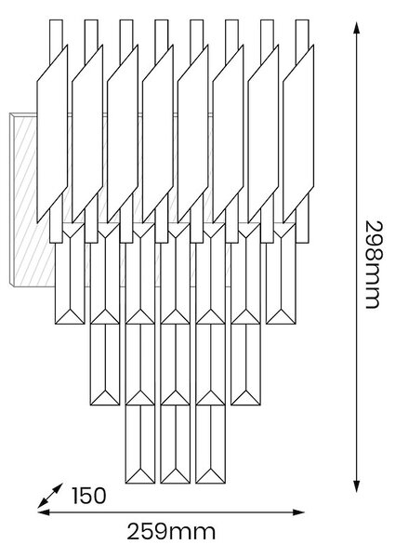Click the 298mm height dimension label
(x=373, y=264)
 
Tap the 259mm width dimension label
(x=171, y=532)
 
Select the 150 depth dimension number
(x=89, y=496)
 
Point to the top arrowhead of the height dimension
(x=356, y=28)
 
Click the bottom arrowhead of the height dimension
(x=356, y=486)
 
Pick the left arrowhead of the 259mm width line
(x=44, y=512)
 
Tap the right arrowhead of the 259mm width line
(x=298, y=512)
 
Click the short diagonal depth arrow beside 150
(x=50, y=496)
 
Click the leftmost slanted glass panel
(x=52, y=134)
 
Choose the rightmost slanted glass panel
(x=298, y=134)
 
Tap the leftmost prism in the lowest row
(x=140, y=445)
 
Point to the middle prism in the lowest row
(x=176, y=445)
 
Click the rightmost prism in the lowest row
(x=210, y=445)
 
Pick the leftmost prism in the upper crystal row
(x=70, y=273)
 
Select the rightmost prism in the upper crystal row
(x=281, y=273)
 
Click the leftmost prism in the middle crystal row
(x=105, y=365)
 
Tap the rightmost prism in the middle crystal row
(x=245, y=365)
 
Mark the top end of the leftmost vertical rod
(x=56, y=20)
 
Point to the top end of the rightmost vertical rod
(x=302, y=20)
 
